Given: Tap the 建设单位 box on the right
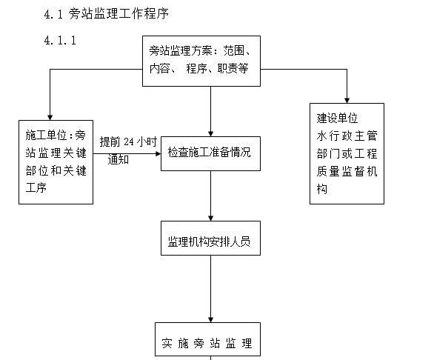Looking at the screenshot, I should pyautogui.click(x=347, y=153).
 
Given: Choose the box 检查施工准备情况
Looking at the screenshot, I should pyautogui.click(x=210, y=153).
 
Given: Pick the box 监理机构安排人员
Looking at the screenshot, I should pyautogui.click(x=210, y=241).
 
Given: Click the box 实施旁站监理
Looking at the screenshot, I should pyautogui.click(x=207, y=343).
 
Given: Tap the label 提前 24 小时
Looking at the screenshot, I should pyautogui.click(x=128, y=141).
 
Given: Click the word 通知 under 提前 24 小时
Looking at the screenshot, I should pyautogui.click(x=118, y=159).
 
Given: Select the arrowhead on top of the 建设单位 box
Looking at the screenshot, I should pyautogui.click(x=347, y=99).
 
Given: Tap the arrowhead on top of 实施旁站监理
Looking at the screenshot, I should pyautogui.click(x=210, y=319).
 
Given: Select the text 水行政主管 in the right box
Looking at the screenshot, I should pyautogui.click(x=347, y=136).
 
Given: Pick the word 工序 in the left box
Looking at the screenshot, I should pyautogui.click(x=36, y=188).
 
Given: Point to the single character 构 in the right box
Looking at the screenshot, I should pyautogui.click(x=322, y=189).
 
